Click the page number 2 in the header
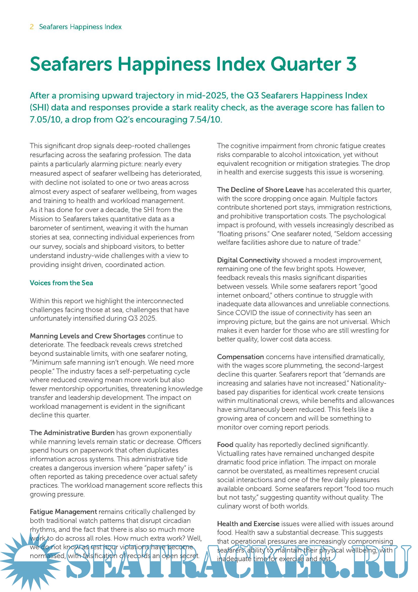point(32,27)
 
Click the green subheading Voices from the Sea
point(61,283)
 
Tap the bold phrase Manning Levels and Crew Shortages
point(87,336)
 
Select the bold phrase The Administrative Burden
point(72,433)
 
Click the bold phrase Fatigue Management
point(63,512)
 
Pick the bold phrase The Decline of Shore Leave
point(260,190)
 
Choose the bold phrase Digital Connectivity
point(248,260)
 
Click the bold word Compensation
point(240,357)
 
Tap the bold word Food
point(225,444)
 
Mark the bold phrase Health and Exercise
point(248,524)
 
